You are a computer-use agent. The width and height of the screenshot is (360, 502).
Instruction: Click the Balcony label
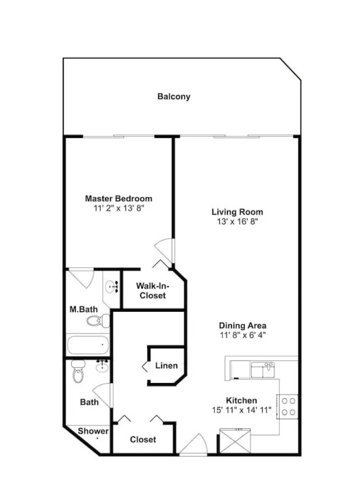(174, 96)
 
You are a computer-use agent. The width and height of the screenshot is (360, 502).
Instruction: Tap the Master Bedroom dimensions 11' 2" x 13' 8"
(119, 208)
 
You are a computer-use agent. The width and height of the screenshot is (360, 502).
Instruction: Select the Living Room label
(237, 212)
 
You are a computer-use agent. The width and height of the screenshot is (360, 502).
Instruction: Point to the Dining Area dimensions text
(242, 335)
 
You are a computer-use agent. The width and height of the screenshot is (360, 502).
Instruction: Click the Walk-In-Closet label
(153, 290)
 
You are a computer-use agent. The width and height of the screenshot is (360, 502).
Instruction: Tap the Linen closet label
(167, 365)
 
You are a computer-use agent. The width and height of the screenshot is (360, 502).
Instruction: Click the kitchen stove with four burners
(288, 407)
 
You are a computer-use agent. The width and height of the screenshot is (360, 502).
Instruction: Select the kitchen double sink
(263, 370)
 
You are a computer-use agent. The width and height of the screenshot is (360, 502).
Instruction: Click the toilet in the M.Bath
(98, 320)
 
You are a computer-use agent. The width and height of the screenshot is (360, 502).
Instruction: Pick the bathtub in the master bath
(88, 345)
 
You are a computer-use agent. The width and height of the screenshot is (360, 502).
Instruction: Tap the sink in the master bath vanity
(112, 286)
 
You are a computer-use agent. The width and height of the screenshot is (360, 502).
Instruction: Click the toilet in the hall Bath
(78, 371)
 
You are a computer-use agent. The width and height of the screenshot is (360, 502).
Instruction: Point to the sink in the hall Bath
(102, 365)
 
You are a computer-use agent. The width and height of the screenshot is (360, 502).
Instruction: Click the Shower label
(93, 431)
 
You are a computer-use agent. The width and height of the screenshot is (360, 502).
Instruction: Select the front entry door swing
(193, 444)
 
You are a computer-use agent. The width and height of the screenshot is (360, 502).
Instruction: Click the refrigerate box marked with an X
(235, 441)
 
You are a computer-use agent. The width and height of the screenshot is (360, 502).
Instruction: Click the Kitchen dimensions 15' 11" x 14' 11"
(242, 410)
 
